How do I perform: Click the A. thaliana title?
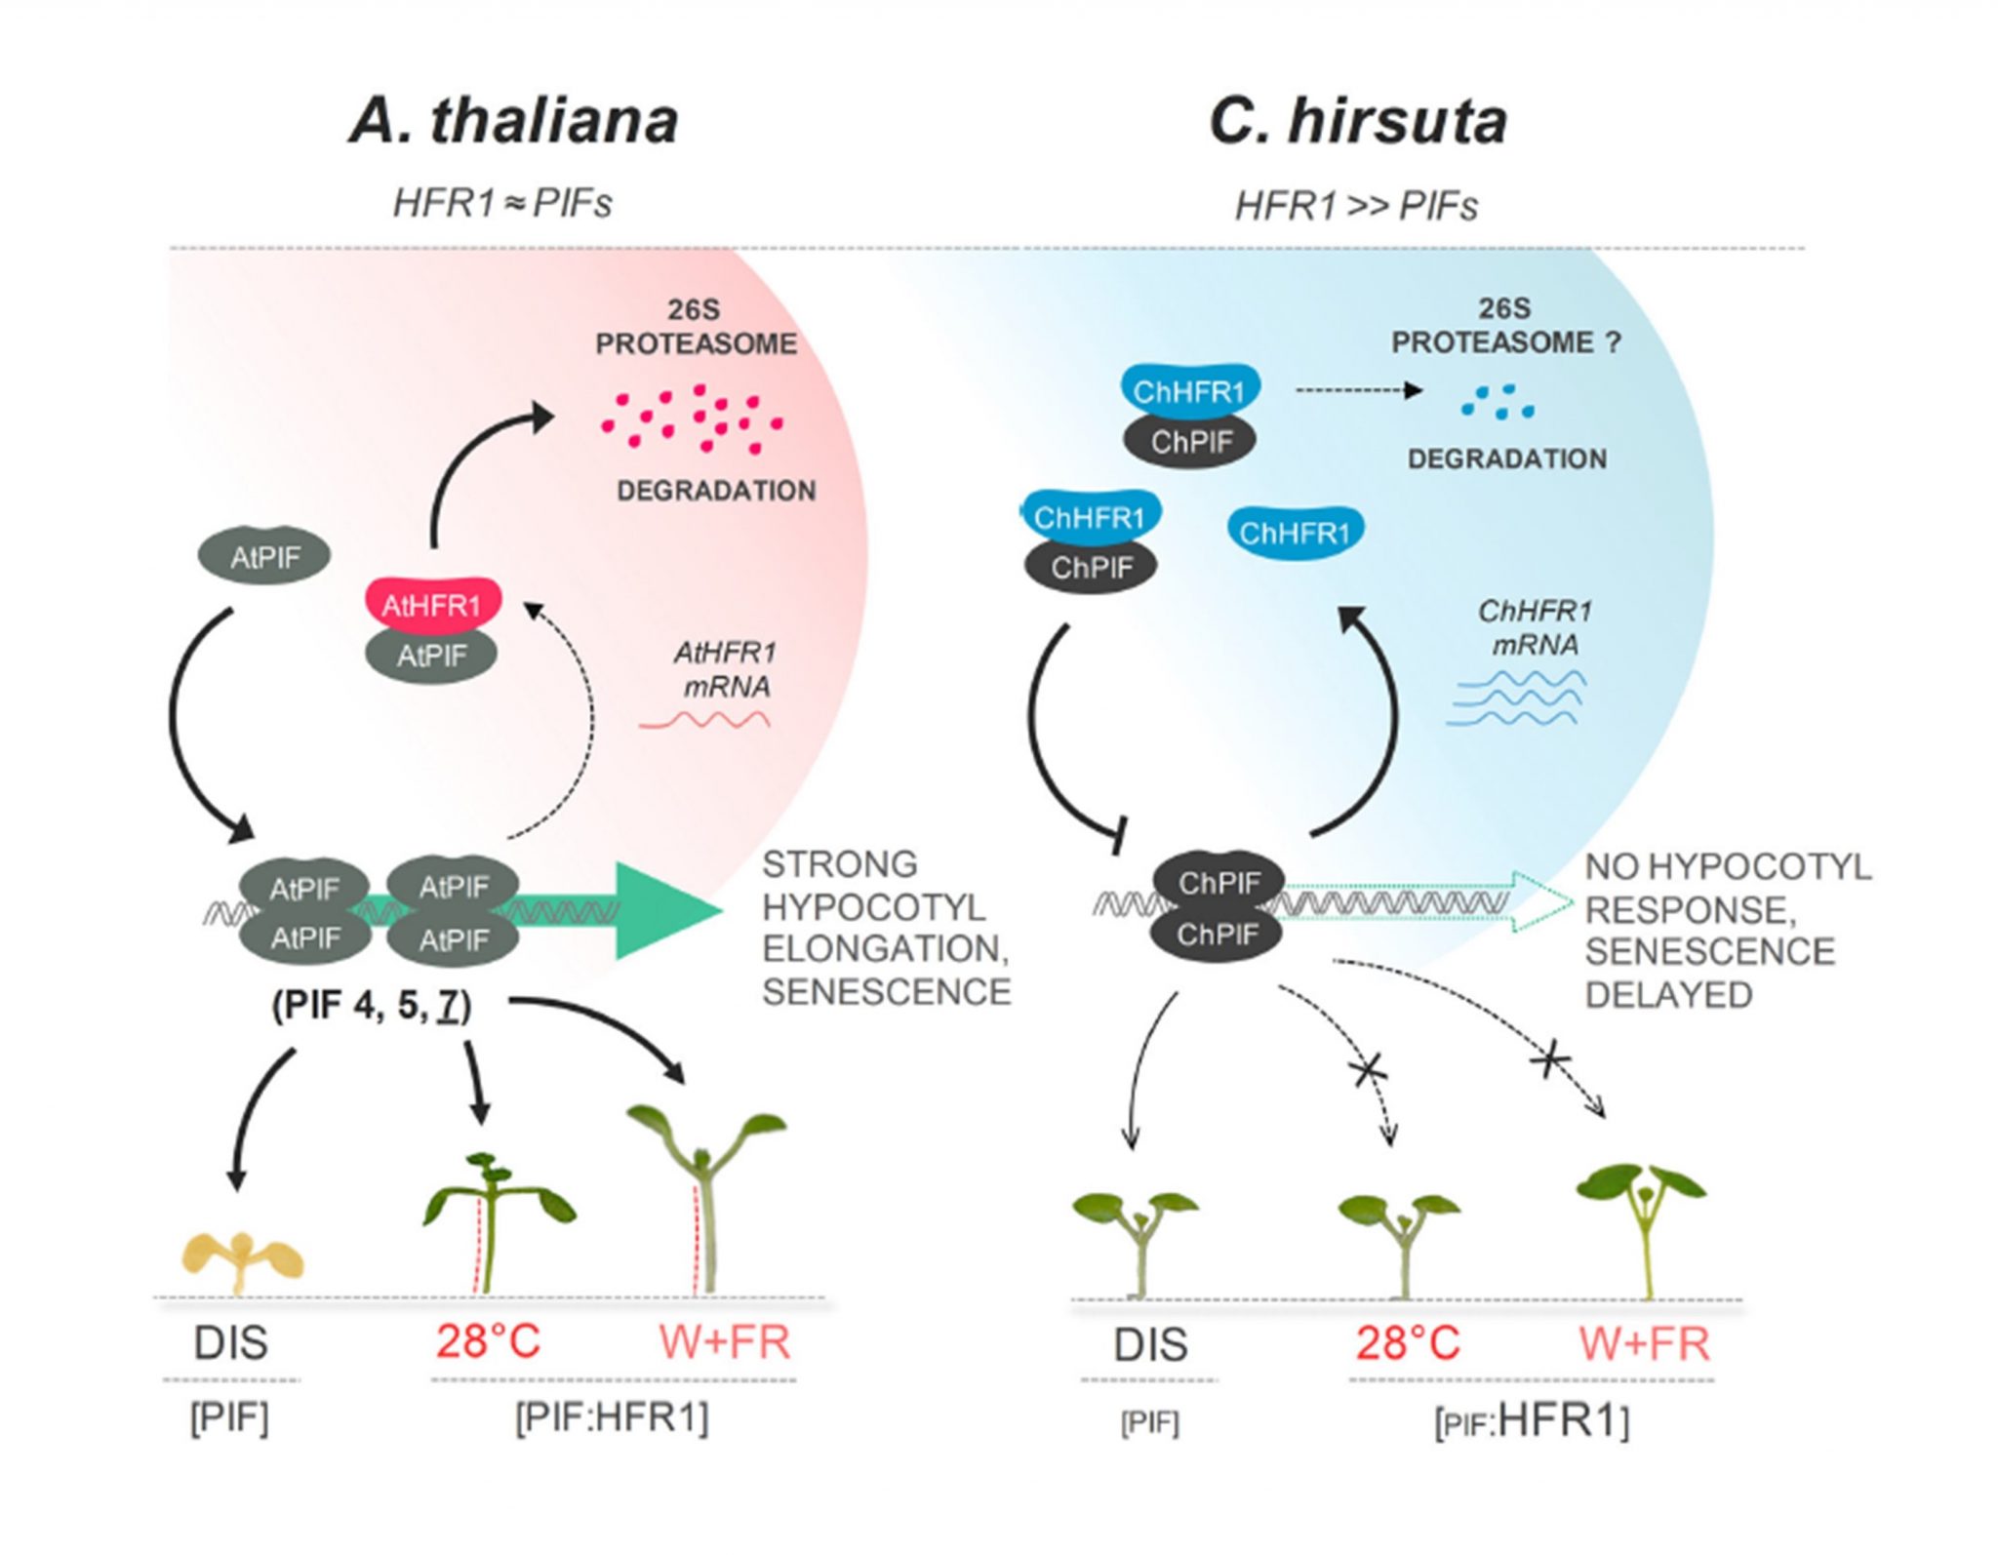click(513, 122)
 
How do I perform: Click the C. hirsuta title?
click(1358, 122)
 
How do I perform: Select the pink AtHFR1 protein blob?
click(433, 605)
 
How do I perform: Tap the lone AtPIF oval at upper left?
click(264, 557)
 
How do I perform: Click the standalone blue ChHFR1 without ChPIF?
click(1295, 533)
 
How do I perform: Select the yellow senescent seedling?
click(243, 1259)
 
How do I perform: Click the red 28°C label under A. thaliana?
click(488, 1341)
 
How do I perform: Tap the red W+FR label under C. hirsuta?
click(1644, 1344)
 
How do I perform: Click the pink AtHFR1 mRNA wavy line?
click(704, 721)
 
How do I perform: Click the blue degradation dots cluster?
click(1498, 402)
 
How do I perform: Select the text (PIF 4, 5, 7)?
click(372, 1005)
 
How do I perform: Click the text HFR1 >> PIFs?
click(1356, 207)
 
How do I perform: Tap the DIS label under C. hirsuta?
click(1150, 1345)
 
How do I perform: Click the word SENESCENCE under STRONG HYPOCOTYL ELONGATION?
click(886, 992)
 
